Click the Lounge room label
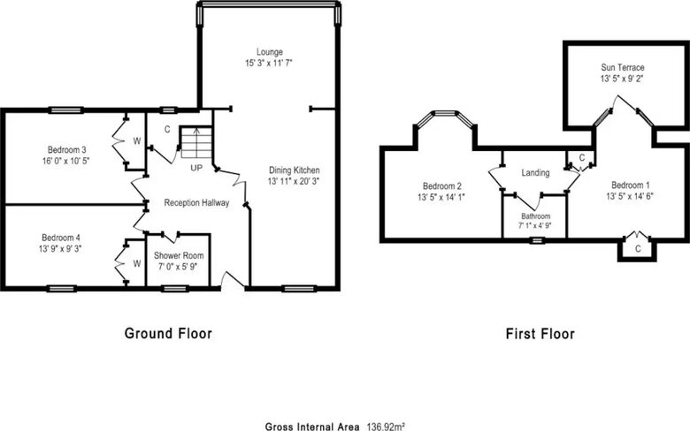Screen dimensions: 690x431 point(269,52)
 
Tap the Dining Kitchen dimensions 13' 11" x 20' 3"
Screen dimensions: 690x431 point(294,181)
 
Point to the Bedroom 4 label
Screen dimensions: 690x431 point(61,238)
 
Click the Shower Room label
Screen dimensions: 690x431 point(179,255)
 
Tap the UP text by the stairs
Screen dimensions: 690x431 point(196,168)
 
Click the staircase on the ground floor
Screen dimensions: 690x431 point(196,142)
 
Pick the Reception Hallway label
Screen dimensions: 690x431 point(196,203)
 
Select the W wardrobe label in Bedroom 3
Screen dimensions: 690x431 point(137,141)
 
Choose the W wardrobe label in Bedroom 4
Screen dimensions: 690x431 point(137,263)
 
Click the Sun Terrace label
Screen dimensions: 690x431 point(623,67)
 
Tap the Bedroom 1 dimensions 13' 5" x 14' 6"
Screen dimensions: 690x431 point(630,196)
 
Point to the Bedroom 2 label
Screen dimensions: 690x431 point(441,186)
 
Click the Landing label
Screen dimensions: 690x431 point(535,172)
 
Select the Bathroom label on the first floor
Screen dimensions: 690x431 point(535,216)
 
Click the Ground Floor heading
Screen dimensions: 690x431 point(168,334)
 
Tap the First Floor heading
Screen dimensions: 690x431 point(540,334)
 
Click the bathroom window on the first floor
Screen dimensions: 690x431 point(537,240)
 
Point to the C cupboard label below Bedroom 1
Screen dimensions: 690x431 point(638,249)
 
